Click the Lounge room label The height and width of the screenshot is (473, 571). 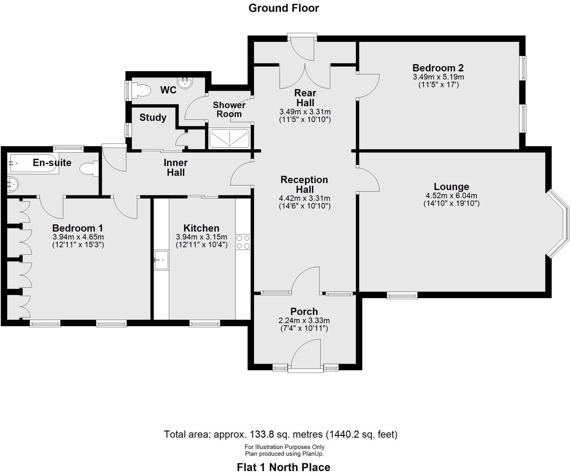pyautogui.click(x=451, y=186)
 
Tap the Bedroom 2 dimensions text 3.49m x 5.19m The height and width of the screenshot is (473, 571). pyautogui.click(x=438, y=77)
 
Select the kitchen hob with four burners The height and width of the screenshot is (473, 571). pyautogui.click(x=243, y=242)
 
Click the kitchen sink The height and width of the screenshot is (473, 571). pyautogui.click(x=161, y=260)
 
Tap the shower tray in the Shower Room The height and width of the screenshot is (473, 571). pyautogui.click(x=229, y=138)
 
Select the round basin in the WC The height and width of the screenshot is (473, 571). pyautogui.click(x=185, y=83)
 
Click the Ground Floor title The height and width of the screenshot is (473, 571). pyautogui.click(x=284, y=8)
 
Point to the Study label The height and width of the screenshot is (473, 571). pyautogui.click(x=153, y=117)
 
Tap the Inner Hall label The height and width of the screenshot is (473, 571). pyautogui.click(x=176, y=167)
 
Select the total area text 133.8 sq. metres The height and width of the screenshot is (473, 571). pyautogui.click(x=280, y=434)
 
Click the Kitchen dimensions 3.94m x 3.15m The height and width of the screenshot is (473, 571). pyautogui.click(x=201, y=237)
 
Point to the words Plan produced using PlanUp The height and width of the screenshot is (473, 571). pyautogui.click(x=284, y=453)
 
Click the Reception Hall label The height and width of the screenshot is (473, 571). pyautogui.click(x=304, y=184)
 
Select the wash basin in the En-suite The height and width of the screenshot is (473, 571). pyautogui.click(x=12, y=185)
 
